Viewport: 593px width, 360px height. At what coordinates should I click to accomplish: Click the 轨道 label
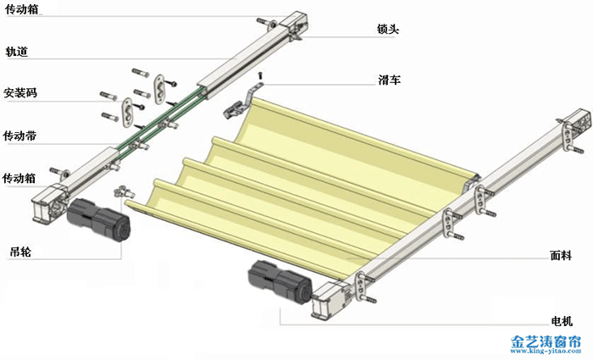coord(17,51)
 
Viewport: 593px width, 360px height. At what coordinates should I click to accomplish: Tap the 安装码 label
coord(20,92)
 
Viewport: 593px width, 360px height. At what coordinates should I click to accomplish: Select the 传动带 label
coord(19,136)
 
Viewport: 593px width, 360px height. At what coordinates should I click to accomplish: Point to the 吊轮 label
coord(20,252)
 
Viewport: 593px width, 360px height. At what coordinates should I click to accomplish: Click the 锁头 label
coord(388,29)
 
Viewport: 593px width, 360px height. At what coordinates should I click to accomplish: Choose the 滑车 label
coord(389,80)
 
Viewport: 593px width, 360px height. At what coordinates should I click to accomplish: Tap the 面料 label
coord(561,255)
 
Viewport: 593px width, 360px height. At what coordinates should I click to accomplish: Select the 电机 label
coord(562,321)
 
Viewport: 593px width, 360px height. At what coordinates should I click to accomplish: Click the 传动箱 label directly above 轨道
coord(22,9)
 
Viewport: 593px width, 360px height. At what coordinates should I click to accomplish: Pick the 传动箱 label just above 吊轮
coord(19,178)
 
